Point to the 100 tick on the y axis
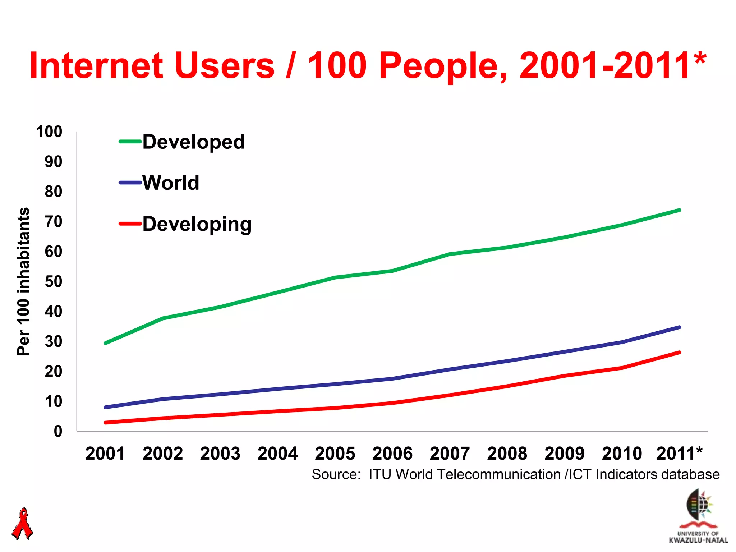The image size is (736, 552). (49, 132)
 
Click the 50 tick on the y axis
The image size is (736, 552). (53, 281)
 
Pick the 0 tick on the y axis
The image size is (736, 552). (58, 431)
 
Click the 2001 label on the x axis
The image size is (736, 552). (105, 454)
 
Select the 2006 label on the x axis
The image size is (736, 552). (392, 454)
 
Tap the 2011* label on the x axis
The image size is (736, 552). (679, 454)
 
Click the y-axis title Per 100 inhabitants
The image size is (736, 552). (24, 281)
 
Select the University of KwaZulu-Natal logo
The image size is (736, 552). (698, 516)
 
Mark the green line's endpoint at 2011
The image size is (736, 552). (679, 210)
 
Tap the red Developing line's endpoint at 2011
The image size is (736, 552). (679, 353)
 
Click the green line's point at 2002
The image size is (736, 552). (163, 318)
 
